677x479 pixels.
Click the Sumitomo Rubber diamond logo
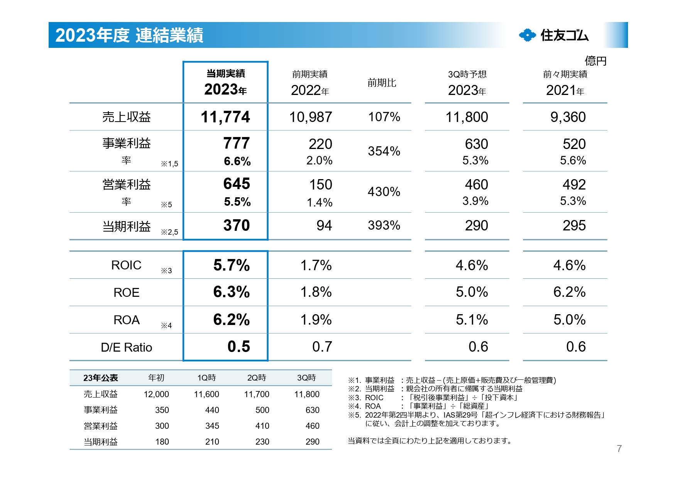tap(527, 35)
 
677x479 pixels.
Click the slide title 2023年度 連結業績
tap(129, 35)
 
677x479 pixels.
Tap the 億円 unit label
tap(595, 61)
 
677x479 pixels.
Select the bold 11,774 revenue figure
tap(225, 117)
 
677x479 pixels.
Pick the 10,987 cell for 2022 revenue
tap(310, 117)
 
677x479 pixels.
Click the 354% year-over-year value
tap(384, 151)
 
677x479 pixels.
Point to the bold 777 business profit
tap(236, 143)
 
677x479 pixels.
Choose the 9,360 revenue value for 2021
tap(568, 117)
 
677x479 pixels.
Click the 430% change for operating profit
tap(384, 191)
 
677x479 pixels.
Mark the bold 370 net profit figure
tap(236, 225)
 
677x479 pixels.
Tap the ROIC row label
tap(126, 265)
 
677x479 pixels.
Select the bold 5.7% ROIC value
tap(231, 265)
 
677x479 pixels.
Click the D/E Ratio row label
tap(126, 347)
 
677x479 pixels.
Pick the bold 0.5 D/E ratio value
tap(239, 347)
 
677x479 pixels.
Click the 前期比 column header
tap(381, 83)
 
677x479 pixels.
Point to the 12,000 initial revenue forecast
tap(156, 394)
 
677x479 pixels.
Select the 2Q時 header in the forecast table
tap(257, 377)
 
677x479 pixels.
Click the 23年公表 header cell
tap(100, 378)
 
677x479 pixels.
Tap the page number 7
tap(619, 449)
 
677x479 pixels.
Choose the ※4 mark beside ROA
tap(166, 326)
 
